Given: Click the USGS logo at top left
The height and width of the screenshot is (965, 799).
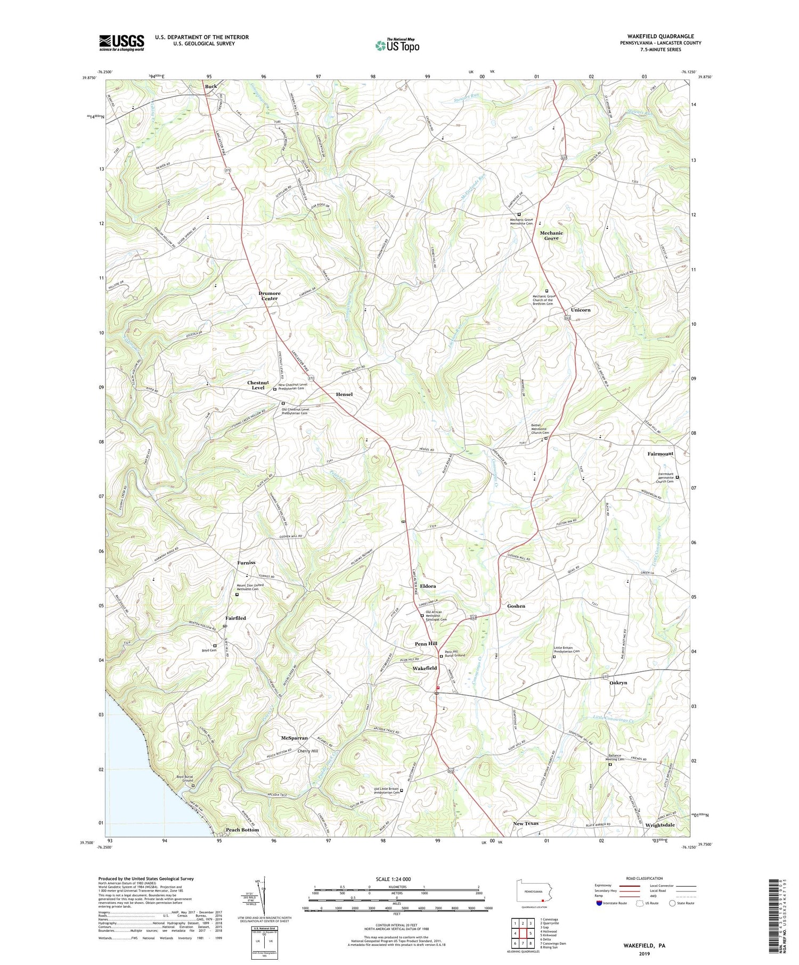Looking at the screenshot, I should pos(121,43).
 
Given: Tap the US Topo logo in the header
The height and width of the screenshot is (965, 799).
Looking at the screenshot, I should pos(397,45).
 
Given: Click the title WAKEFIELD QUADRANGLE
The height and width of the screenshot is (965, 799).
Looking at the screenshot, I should pos(661,36).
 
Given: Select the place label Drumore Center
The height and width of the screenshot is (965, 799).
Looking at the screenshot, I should pos(270,296).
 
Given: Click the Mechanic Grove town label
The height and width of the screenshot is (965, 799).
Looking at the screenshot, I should pos(551,235).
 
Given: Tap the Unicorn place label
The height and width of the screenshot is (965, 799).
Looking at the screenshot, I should pos(581,310).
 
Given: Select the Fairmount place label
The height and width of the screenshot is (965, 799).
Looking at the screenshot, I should pos(661,454).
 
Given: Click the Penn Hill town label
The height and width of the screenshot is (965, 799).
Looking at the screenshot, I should pos(426,644).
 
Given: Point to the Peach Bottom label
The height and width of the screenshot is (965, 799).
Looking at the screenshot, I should pos(242,830).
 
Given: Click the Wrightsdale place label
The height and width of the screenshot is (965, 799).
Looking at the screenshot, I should pos(660,825).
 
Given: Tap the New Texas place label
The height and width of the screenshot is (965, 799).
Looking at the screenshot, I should pos(526,823).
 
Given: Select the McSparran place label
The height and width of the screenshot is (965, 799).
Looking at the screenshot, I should pos(295,738).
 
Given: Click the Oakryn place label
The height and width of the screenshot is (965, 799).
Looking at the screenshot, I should pos(618,682).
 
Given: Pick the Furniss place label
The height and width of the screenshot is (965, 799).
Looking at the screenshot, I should pos(247,563).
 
